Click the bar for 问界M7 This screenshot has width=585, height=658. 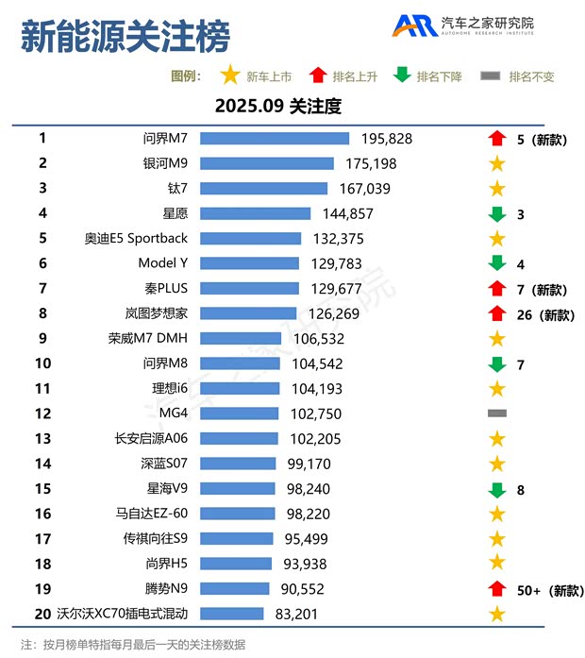pyautogui.click(x=275, y=139)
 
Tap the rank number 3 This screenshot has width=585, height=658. pyautogui.click(x=42, y=188)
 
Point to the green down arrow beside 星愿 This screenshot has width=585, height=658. pyautogui.click(x=497, y=214)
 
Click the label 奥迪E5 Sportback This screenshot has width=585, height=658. pyautogui.click(x=136, y=238)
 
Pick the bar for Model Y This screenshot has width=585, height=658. pyautogui.click(x=250, y=263)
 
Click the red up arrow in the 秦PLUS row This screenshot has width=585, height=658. pyautogui.click(x=497, y=289)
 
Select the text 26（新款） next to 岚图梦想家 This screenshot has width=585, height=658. pyautogui.click(x=545, y=314)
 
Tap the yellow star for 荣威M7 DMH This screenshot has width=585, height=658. pyautogui.click(x=497, y=338)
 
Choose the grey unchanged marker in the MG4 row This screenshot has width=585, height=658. pyautogui.click(x=497, y=413)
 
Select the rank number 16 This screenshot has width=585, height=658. pyautogui.click(x=42, y=514)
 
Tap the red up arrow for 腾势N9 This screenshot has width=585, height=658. pyautogui.click(x=497, y=589)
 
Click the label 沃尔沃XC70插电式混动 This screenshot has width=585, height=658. pyautogui.click(x=109, y=614)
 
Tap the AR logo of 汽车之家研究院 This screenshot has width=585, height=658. pyautogui.click(x=413, y=25)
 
